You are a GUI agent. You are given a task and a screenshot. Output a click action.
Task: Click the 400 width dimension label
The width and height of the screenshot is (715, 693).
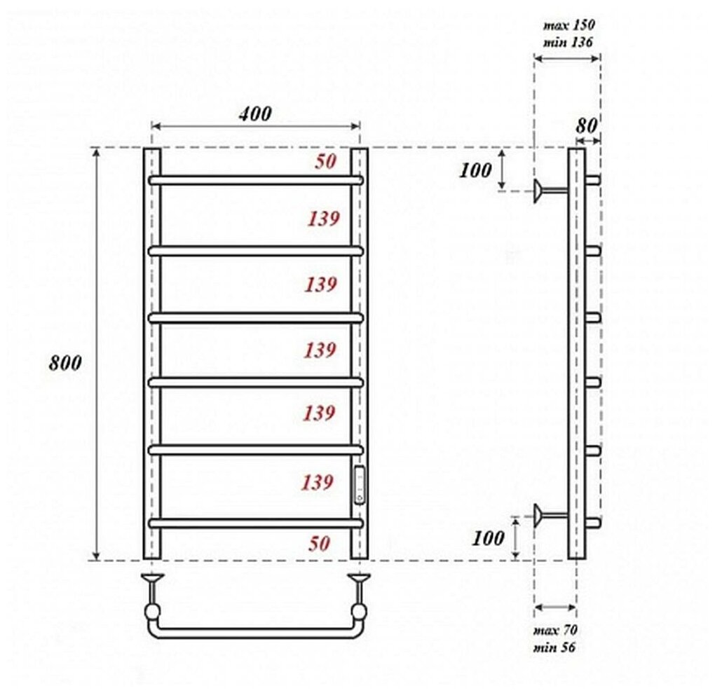pos(255,114)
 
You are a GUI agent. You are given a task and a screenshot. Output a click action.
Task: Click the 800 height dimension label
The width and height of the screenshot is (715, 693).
pos(65,363)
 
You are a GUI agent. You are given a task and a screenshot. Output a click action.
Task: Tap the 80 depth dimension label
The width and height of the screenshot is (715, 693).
pos(586,125)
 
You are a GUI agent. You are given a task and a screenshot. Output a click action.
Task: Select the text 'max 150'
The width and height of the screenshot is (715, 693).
pos(568,25)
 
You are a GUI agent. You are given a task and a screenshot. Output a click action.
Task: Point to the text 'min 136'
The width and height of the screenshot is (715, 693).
pos(568,43)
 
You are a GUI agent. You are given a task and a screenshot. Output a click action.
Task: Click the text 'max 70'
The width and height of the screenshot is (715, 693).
pos(555,630)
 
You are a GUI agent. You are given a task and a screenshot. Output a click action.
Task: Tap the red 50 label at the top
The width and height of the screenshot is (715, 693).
pos(325,161)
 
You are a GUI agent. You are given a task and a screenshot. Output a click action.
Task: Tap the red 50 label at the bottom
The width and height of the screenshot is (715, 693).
pos(319,543)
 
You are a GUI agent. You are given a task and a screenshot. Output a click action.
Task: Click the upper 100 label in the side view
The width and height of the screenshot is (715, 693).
pos(475,170)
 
